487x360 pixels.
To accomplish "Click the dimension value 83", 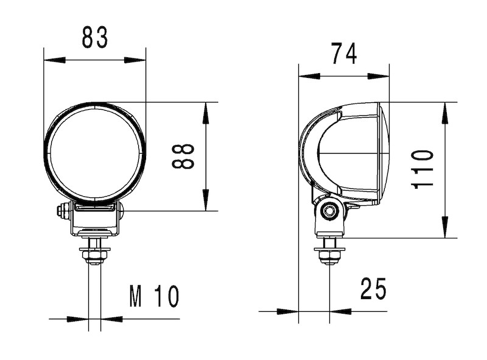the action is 95,37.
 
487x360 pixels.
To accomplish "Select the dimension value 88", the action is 183,157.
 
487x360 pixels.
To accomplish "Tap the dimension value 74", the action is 344,54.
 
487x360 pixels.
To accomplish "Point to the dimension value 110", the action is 422,169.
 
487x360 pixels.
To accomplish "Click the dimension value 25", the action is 373,289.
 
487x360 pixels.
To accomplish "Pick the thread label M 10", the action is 155,296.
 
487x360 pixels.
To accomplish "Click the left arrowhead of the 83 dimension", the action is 55,60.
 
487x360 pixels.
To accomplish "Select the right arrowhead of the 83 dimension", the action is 135,60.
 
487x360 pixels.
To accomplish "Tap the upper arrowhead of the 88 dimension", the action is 206,113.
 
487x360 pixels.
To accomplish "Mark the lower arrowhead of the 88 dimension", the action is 206,200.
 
